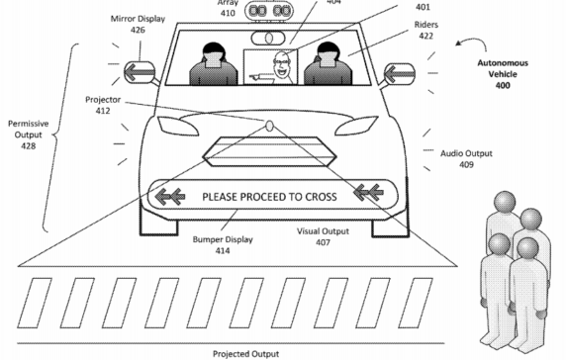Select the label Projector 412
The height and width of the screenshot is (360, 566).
tap(100, 106)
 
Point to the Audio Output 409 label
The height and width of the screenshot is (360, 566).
tap(464, 159)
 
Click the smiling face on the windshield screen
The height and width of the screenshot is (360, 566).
tap(281, 62)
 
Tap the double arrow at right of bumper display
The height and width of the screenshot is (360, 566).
tap(374, 196)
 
